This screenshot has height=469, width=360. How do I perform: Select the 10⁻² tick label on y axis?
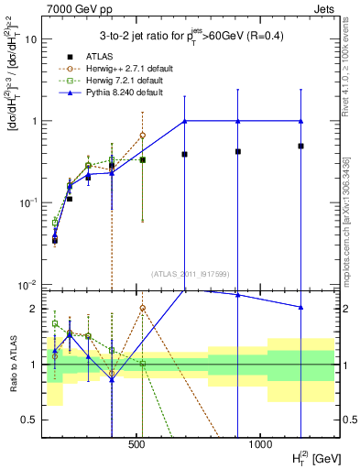[27, 284]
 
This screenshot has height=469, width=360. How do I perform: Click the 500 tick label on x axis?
[136, 444]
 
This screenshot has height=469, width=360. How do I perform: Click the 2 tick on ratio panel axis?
[33, 309]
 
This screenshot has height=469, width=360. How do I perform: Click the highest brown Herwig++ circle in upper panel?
[143, 136]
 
